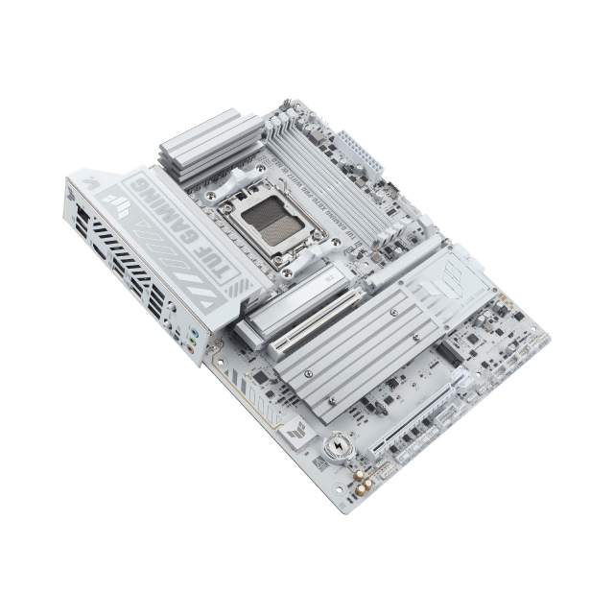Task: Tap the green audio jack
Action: coord(198,339)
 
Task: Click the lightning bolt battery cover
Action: coord(341,447)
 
